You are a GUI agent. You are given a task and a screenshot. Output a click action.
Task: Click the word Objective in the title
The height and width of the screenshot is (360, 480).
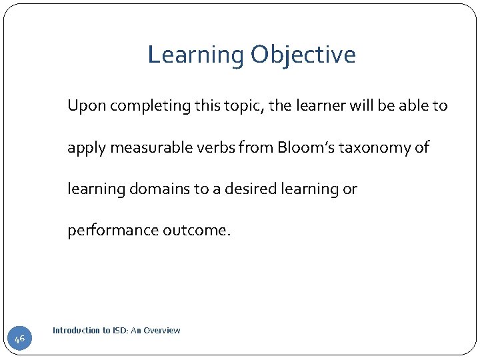pyautogui.click(x=303, y=55)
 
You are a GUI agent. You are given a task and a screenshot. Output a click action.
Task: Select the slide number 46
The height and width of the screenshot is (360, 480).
pyautogui.click(x=19, y=339)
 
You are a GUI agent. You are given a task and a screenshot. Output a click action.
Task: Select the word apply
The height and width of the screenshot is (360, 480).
pyautogui.click(x=85, y=148)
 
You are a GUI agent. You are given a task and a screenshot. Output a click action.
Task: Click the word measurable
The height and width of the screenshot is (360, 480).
pyautogui.click(x=144, y=147)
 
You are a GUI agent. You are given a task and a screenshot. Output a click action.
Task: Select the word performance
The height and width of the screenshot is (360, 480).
pyautogui.click(x=111, y=231)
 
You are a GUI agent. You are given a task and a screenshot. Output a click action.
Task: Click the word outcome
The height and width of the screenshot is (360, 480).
pyautogui.click(x=197, y=231)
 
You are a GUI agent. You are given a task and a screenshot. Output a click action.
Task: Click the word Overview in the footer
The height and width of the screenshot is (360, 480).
pyautogui.click(x=162, y=331)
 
